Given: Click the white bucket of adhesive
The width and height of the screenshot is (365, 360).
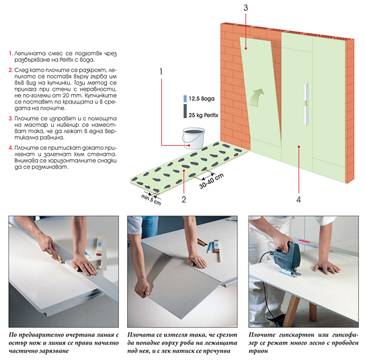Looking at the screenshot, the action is (194, 138).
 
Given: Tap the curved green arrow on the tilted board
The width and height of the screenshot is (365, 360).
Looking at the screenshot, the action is (257, 97).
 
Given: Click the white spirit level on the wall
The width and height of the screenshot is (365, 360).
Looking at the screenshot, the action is (307, 103).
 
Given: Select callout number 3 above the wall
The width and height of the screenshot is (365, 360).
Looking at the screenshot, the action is (246, 8).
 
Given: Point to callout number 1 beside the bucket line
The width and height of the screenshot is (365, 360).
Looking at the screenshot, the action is (161, 72).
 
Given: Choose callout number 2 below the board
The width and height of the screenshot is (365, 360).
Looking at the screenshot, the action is (184, 199).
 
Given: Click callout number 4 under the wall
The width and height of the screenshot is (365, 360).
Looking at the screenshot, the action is (298, 199).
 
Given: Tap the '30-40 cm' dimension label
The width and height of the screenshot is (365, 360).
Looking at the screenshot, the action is (212, 181).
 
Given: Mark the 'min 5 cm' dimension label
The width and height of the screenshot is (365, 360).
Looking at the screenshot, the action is (151, 199).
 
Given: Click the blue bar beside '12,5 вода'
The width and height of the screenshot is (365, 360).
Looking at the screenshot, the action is (185, 99).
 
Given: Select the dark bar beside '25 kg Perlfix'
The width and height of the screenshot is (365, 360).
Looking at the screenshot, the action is (185, 111).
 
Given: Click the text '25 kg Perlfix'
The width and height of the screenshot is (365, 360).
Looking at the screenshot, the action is (203, 115).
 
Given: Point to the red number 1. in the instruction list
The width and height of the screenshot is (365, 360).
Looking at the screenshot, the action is (11, 53).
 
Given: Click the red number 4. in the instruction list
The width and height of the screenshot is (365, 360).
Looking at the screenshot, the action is (11, 148).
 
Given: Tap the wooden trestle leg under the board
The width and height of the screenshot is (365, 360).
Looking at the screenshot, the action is (292, 310).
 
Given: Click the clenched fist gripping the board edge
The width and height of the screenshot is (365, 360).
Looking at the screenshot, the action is (143, 288).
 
